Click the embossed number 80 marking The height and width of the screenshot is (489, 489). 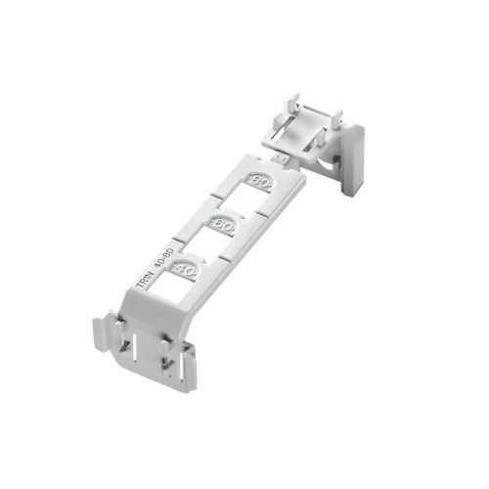[x=261, y=182]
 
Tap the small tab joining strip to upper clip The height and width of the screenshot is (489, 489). [x=280, y=155]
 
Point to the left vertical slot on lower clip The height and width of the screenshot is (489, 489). [x=130, y=342]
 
